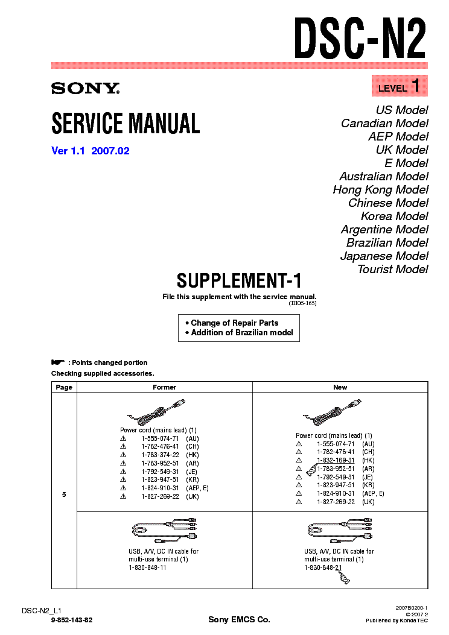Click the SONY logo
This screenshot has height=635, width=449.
[86, 88]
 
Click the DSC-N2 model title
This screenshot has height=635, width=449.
[360, 38]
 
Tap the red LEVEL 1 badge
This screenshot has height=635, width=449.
[400, 86]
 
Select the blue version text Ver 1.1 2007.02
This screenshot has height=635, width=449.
[91, 151]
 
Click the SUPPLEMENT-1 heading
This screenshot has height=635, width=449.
[239, 280]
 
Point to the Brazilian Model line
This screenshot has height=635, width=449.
[387, 242]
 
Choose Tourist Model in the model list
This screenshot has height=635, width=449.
[393, 270]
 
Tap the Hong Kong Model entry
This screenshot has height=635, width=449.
[381, 189]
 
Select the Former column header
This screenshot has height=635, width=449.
[165, 387]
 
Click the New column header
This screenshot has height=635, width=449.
[340, 387]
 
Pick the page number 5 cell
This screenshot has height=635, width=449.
[64, 494]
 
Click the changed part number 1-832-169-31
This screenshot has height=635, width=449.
[336, 461]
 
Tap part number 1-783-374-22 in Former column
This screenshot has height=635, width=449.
[160, 455]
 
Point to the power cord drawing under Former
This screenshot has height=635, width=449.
[156, 412]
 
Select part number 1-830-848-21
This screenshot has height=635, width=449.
[323, 568]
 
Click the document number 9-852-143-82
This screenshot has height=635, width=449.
[72, 620]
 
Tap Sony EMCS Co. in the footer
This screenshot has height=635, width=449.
[239, 619]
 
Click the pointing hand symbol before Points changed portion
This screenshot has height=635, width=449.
[58, 362]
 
